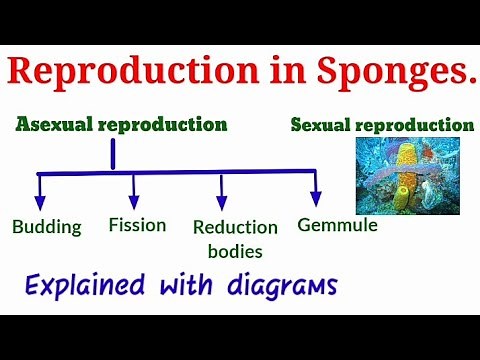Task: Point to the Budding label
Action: [46, 226]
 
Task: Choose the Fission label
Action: [136, 225]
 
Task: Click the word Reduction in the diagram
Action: [235, 227]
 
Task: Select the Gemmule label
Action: [337, 225]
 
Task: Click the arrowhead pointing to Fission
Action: [134, 202]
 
